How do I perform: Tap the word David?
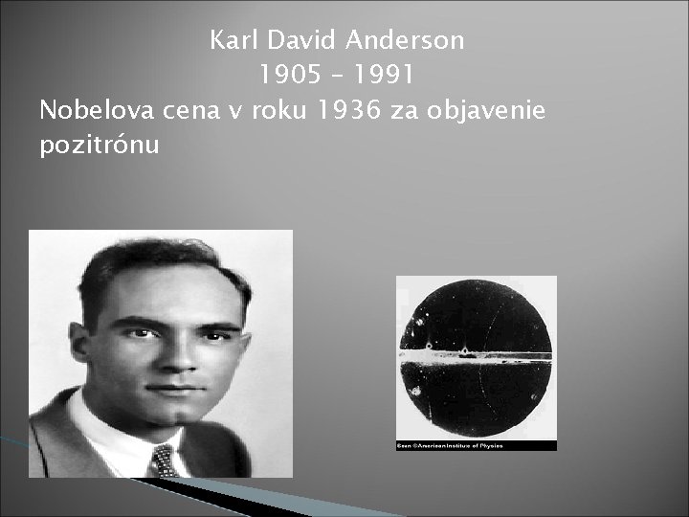[x=299, y=41]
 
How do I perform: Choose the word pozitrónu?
[x=100, y=146]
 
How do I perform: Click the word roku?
[x=277, y=111]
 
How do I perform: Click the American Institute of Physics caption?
[x=449, y=445]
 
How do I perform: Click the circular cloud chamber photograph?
[x=477, y=359]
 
